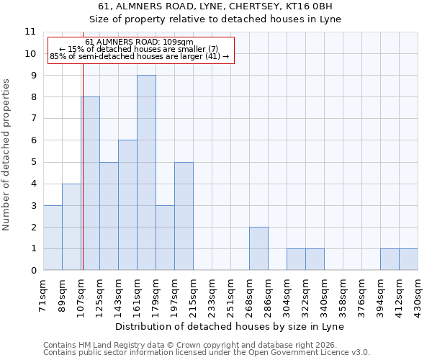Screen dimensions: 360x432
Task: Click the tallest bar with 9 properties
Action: (146, 173)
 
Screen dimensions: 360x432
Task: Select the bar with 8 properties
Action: (90, 184)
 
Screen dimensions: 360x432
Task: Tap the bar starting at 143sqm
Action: (127, 205)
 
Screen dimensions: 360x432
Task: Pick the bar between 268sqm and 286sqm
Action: (258, 248)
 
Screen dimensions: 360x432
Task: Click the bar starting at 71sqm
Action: (53, 238)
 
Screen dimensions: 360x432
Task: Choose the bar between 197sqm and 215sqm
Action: (184, 216)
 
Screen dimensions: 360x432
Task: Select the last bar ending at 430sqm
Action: (408, 259)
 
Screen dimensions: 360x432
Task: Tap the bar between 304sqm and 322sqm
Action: (296, 259)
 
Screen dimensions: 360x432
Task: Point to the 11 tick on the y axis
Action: (30, 32)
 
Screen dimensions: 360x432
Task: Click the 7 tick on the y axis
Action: (33, 119)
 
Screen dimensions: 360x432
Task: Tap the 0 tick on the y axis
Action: (33, 271)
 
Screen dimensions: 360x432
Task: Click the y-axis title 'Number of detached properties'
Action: (7, 155)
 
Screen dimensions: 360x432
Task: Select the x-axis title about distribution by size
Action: (230, 326)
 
